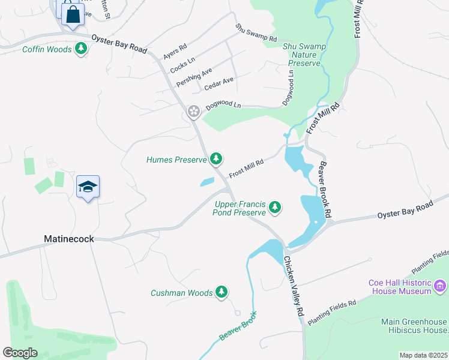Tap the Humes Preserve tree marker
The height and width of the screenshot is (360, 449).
pos(216,159)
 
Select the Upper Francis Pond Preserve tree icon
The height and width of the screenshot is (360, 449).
pos(275,208)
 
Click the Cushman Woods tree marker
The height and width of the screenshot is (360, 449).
pos(221,292)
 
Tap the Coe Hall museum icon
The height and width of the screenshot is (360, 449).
pos(441,284)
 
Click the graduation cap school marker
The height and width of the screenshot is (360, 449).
pos(88,187)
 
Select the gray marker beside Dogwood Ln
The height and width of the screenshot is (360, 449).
pos(193,111)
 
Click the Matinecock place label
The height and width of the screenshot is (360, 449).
pos(69,239)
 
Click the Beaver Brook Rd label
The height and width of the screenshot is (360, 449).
pos(325,190)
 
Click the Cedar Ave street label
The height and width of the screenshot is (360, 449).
pos(218,83)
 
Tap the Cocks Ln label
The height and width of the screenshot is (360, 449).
pos(182,65)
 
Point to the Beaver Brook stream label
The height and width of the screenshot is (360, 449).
pos(238,326)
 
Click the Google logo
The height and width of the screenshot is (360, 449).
pos(20,353)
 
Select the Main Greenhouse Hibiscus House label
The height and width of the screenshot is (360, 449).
pos(414,326)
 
